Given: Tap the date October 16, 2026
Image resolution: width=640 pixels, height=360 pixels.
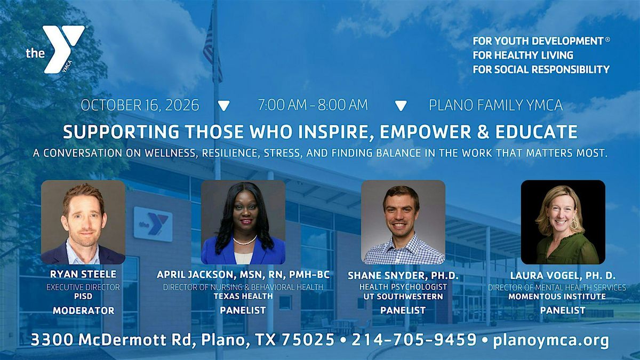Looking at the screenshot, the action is click(x=140, y=105).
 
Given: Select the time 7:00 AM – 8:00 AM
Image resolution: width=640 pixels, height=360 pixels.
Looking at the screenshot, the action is click(x=313, y=105).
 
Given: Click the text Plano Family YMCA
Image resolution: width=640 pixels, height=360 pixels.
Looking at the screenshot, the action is click(x=495, y=105).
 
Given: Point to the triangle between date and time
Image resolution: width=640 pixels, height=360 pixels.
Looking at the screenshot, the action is click(x=223, y=106).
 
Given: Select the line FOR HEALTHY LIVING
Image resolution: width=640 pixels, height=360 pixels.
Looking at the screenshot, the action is click(x=523, y=55).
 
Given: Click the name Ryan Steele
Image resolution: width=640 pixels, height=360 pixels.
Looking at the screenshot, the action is click(x=83, y=274).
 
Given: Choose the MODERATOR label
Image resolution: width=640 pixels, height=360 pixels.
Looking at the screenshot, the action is click(x=83, y=310).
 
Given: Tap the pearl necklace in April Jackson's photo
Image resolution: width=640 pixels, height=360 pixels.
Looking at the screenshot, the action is click(x=245, y=241).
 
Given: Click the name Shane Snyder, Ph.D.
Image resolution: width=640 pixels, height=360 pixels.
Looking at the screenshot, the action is click(x=403, y=275).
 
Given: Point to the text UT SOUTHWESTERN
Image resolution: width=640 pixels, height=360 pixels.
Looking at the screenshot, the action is click(x=403, y=297).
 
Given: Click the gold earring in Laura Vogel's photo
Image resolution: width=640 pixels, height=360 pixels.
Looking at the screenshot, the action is click(x=573, y=223).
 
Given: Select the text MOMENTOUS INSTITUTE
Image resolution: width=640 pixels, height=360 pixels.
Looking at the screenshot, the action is click(x=557, y=297).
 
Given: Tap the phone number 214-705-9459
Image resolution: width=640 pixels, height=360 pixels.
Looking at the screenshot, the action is click(x=414, y=340).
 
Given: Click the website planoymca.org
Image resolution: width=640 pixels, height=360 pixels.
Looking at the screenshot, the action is click(x=551, y=341).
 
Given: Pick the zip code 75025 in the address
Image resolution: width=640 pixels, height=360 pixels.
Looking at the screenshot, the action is click(x=308, y=340).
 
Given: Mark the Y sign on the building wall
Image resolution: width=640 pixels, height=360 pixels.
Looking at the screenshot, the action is click(x=153, y=224).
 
